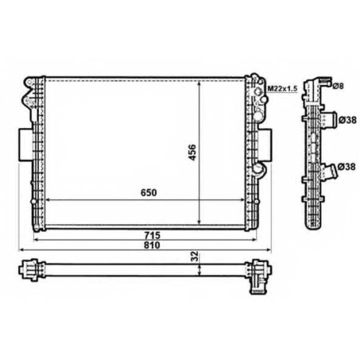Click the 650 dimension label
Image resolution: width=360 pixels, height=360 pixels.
pyautogui.click(x=148, y=192)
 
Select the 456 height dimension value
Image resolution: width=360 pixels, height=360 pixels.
pyautogui.click(x=192, y=152)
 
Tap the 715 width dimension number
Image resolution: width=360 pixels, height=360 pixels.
pyautogui.click(x=152, y=235)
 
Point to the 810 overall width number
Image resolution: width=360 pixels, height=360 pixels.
pyautogui.click(x=152, y=246)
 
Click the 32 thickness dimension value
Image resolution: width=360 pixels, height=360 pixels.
pyautogui.click(x=195, y=256)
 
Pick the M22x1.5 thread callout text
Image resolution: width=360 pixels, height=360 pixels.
pyautogui.click(x=282, y=89)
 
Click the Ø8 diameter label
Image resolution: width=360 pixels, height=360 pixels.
pyautogui.click(x=338, y=86)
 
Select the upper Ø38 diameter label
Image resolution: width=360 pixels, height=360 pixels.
pyautogui.click(x=348, y=120)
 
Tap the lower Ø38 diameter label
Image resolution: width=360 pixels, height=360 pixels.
pyautogui.click(x=346, y=166)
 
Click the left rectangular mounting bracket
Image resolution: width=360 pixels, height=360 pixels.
pyautogui.click(x=25, y=145)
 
